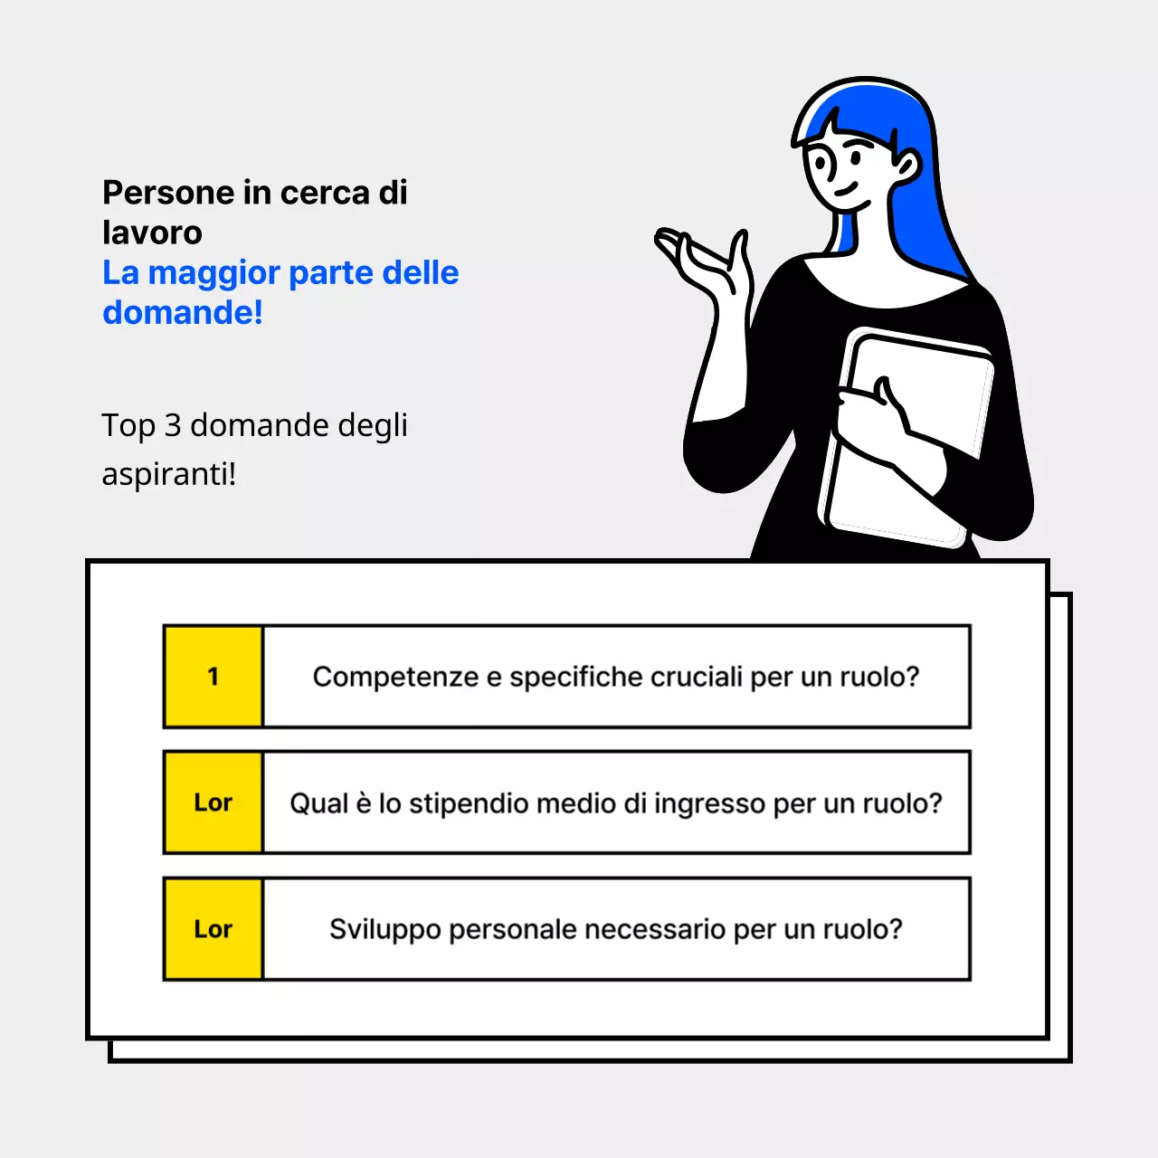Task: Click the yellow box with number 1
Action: tap(213, 677)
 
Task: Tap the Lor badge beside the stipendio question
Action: tap(213, 802)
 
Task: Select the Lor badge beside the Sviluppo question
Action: tap(213, 929)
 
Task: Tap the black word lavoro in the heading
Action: tap(152, 233)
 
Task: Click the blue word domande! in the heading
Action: tap(183, 312)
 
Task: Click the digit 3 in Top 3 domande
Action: tap(173, 425)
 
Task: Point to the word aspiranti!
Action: tap(168, 473)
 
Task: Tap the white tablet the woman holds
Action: tap(914, 434)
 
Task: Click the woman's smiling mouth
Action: tap(845, 191)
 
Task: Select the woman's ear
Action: tap(905, 166)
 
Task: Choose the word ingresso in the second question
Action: tap(709, 803)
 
